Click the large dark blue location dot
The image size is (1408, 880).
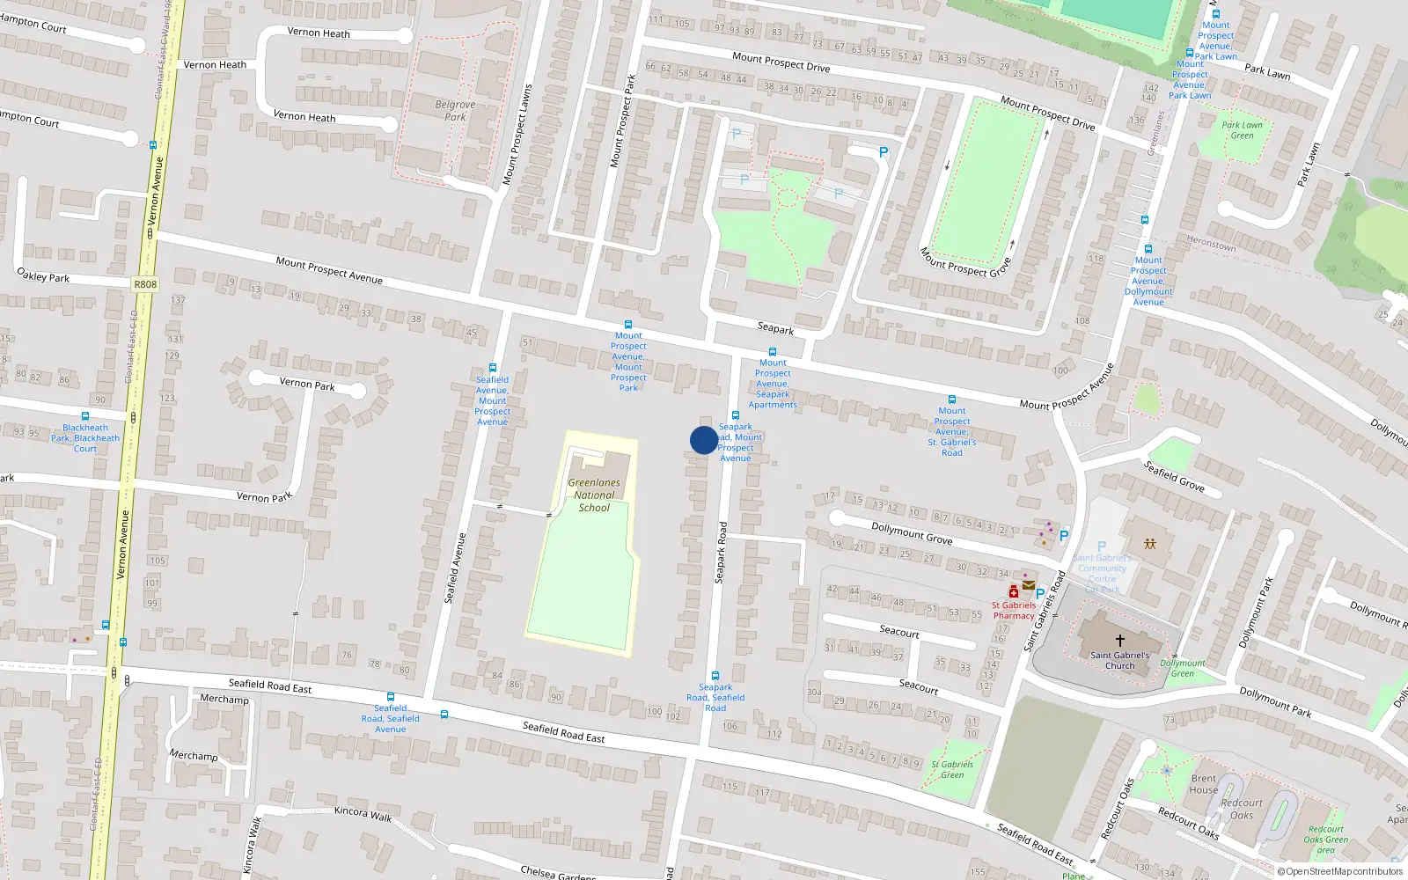(x=703, y=440)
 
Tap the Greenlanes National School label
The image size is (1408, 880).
(x=594, y=495)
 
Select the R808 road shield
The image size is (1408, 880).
(x=145, y=284)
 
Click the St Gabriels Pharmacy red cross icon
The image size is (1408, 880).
(x=1014, y=592)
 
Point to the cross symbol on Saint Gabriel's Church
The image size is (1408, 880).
(x=1119, y=641)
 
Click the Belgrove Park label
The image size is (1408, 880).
(x=455, y=110)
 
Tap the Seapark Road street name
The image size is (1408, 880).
(x=721, y=553)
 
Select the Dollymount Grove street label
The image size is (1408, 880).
(x=912, y=533)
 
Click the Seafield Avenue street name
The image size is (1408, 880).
(x=455, y=568)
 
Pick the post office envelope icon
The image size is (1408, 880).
(x=1029, y=584)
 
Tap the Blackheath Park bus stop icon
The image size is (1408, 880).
(x=85, y=416)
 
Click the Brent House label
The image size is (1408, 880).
(x=1204, y=784)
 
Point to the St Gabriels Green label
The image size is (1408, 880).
(x=952, y=769)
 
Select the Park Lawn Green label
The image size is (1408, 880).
(x=1242, y=130)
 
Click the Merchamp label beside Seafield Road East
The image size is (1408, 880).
(x=224, y=699)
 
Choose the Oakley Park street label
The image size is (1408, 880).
(x=43, y=275)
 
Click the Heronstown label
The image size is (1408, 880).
(x=1211, y=244)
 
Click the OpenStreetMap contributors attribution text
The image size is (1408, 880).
(x=1340, y=871)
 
